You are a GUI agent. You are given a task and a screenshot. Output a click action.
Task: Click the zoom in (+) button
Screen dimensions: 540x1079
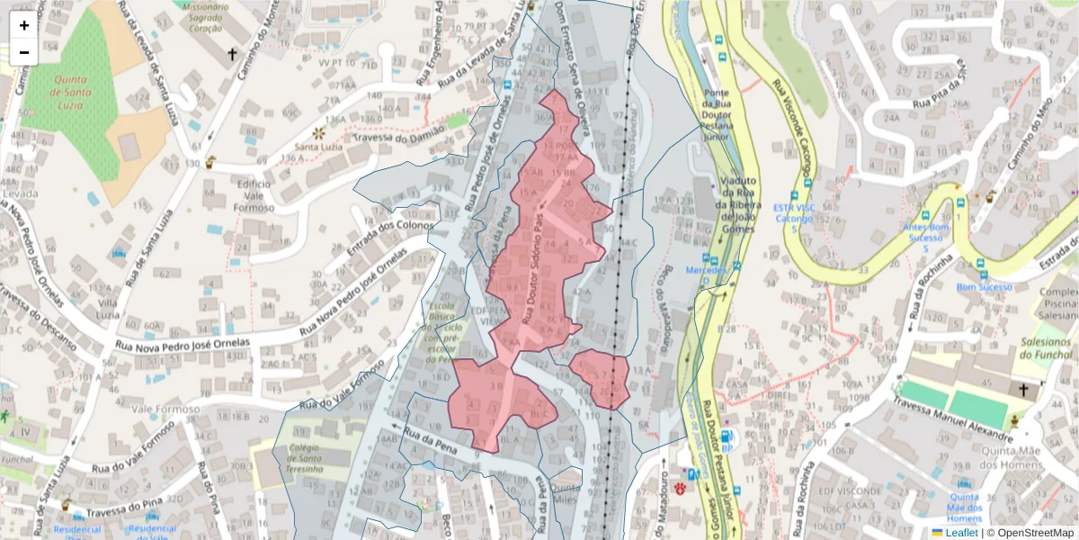click(x=24, y=25)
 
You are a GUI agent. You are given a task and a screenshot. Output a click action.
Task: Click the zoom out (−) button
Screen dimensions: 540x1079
click(x=24, y=52)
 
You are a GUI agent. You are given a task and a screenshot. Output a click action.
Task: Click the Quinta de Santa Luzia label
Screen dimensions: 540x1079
click(x=69, y=92)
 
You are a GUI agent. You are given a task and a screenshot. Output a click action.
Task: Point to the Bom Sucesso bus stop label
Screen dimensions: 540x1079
click(x=984, y=287)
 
